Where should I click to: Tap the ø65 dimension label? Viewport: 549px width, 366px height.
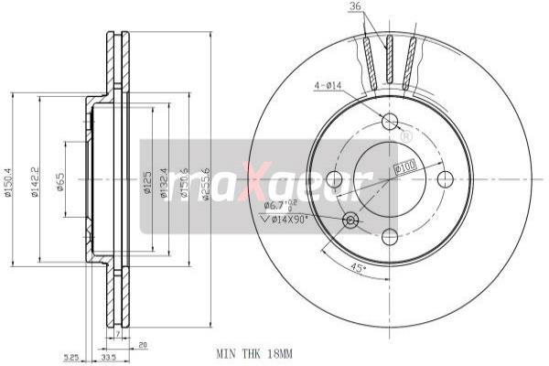tap(60, 183)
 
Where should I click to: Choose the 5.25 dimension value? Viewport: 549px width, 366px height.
tap(71, 357)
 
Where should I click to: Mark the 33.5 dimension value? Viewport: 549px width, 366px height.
tap(107, 357)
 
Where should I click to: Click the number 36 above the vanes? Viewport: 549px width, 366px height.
tap(356, 8)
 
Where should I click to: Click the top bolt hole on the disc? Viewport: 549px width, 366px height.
tap(390, 122)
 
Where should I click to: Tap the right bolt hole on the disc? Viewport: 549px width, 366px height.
tap(446, 178)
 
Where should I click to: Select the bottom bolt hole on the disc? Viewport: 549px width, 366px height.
tap(389, 235)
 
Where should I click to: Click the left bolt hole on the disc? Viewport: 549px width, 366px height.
tap(333, 179)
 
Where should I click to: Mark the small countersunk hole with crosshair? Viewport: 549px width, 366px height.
tap(349, 220)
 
